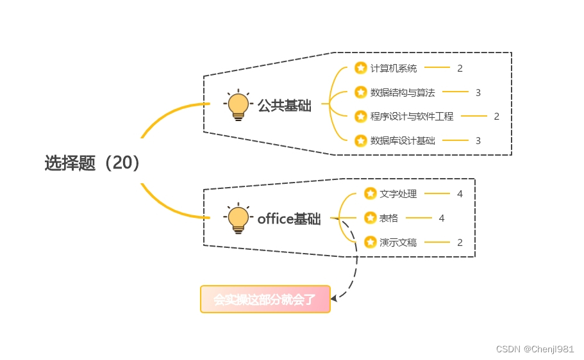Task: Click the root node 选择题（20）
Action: point(92,163)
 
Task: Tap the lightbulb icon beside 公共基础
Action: point(238,105)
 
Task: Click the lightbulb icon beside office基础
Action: point(238,218)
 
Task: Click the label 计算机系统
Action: point(393,68)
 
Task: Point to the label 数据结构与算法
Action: point(402,92)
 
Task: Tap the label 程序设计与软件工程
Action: point(412,117)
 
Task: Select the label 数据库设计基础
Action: point(402,140)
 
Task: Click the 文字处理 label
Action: point(397,193)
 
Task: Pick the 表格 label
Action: point(388,218)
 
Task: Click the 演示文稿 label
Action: point(397,242)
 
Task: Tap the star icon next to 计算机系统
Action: point(360,68)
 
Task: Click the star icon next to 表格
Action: point(370,218)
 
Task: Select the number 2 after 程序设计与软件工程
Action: point(496,117)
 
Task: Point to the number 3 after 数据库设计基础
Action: point(478,140)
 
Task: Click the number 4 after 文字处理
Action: point(460,193)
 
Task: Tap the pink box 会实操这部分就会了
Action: point(265,299)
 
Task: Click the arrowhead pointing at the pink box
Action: point(335,297)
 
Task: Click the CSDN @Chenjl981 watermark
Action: point(535,348)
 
